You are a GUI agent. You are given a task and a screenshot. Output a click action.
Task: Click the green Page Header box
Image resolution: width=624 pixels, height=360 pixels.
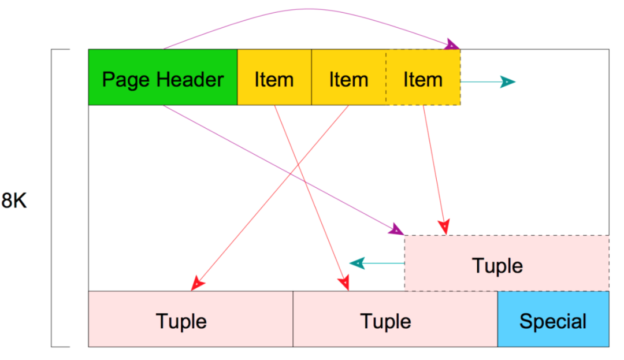tap(163, 77)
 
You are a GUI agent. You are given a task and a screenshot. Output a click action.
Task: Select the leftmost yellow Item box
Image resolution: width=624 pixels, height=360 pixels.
tap(274, 77)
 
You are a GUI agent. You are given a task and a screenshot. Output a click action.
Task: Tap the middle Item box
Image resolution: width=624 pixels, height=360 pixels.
tap(349, 77)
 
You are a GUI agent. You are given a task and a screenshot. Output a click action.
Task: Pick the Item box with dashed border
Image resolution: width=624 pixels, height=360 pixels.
tap(423, 77)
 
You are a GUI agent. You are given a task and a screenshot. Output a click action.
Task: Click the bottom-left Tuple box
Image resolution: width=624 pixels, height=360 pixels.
tap(191, 319)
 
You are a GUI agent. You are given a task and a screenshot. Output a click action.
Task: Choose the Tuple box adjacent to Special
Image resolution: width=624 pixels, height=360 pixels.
tap(395, 319)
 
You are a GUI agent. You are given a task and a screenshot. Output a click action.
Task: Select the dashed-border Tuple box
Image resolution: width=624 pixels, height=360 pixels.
tap(507, 263)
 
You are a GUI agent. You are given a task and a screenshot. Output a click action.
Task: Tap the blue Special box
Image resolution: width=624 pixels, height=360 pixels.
tap(553, 319)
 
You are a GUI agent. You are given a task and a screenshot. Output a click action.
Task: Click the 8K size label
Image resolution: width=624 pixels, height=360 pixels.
tap(14, 200)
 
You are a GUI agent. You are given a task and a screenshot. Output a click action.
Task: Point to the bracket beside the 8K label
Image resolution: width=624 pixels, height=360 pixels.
tap(52, 198)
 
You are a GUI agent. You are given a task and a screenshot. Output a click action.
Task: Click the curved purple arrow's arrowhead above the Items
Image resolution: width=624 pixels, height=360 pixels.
tap(452, 44)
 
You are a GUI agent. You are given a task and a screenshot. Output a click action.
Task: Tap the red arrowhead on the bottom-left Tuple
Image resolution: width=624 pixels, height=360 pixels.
tap(197, 284)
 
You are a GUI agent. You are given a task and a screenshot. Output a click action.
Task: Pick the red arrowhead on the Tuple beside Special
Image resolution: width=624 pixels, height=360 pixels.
tap(344, 282)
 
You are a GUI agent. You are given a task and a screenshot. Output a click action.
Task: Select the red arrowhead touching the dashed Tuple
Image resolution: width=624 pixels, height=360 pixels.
tap(444, 227)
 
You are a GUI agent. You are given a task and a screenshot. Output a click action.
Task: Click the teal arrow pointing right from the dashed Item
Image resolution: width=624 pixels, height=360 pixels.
tap(488, 82)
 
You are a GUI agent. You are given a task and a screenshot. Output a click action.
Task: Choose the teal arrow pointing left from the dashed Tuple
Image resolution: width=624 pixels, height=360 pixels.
tap(377, 263)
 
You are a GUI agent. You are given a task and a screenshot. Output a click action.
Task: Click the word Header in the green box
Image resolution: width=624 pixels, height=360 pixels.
tap(190, 79)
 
